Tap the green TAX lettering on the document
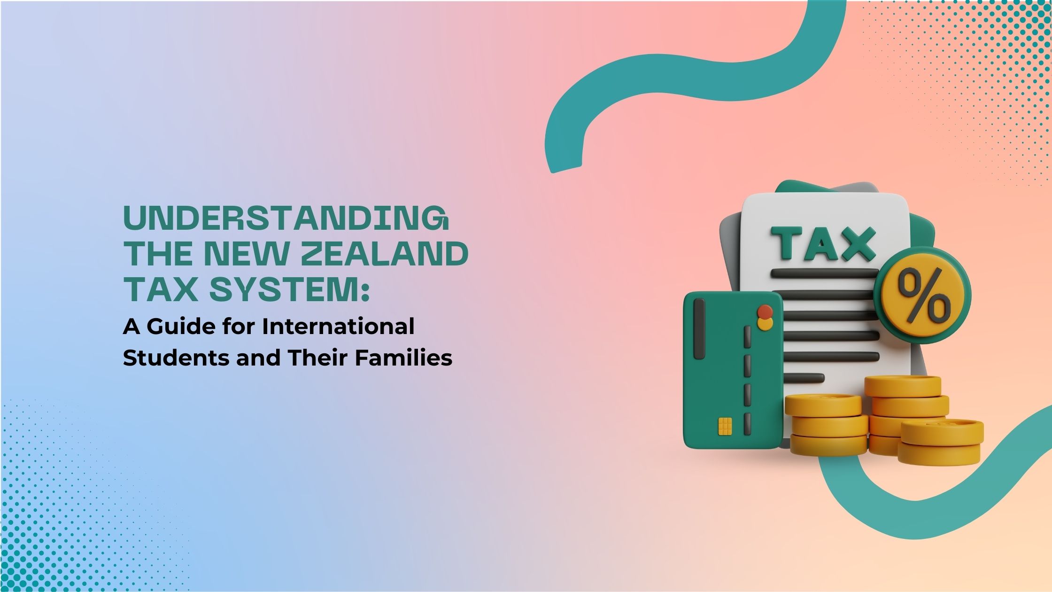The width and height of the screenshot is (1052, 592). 823,244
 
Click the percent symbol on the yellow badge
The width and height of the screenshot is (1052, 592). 923,296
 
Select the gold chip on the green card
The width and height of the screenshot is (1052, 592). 725,426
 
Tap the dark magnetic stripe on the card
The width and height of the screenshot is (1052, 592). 699,328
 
